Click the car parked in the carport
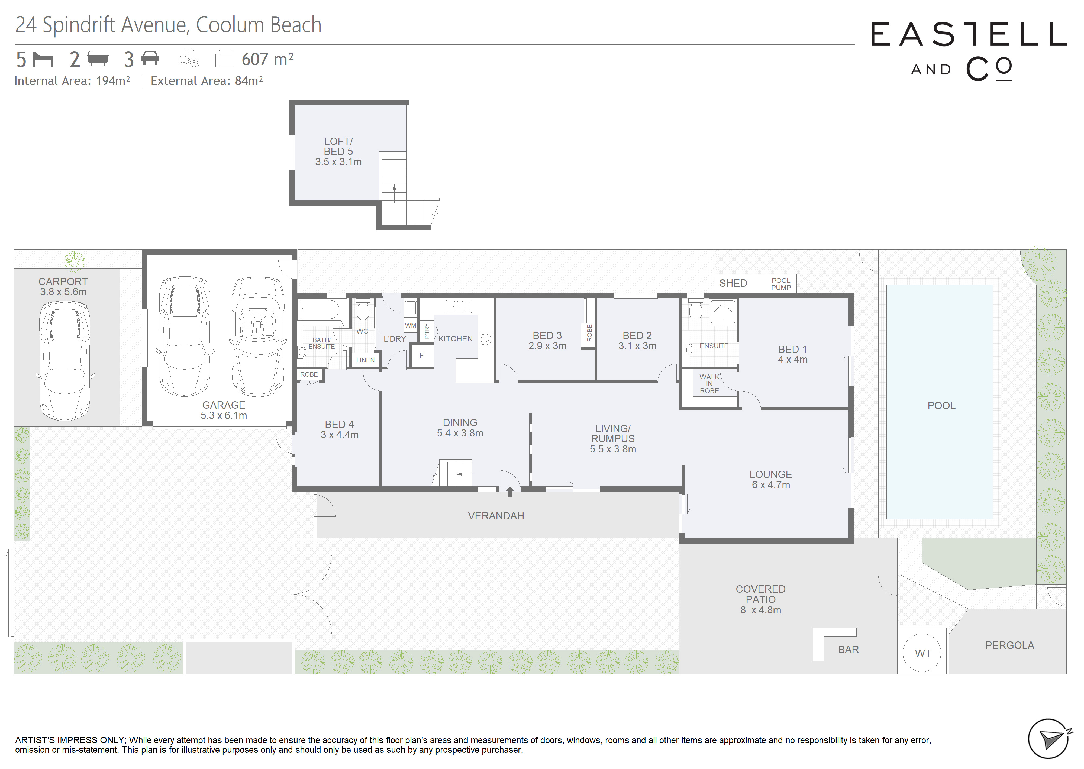click(64, 361)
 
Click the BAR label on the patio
click(848, 650)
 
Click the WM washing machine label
click(410, 325)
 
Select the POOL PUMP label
click(781, 284)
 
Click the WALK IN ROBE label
click(709, 384)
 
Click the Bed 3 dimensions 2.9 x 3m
click(547, 346)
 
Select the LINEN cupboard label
click(365, 360)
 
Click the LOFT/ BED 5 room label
click(338, 146)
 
